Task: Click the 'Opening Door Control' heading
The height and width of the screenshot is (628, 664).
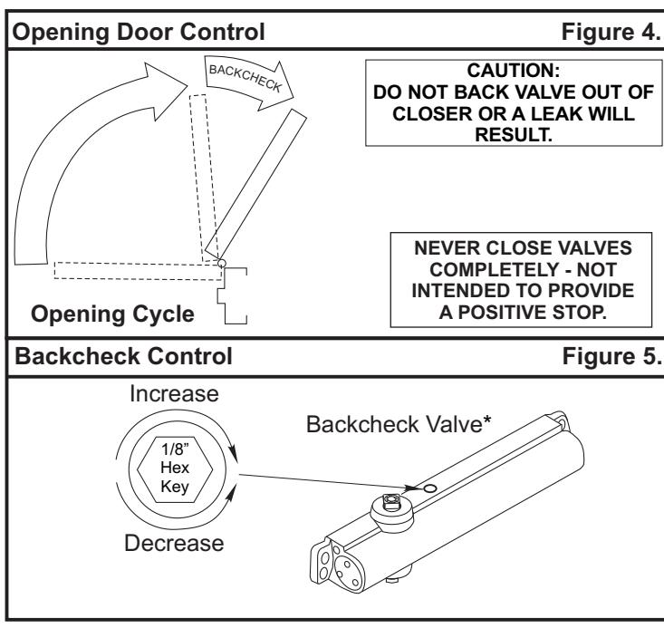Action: (x=139, y=33)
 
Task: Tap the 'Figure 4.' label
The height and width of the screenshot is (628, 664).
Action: (x=611, y=32)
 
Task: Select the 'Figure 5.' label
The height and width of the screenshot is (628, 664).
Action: (x=611, y=356)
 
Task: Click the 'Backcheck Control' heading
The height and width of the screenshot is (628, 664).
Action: (x=123, y=356)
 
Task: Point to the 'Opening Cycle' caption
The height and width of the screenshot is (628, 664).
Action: (x=112, y=314)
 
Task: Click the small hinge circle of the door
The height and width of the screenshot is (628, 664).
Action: (x=222, y=263)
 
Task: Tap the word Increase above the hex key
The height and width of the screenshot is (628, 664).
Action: (x=174, y=393)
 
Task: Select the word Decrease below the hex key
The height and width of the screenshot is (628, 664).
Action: (x=174, y=543)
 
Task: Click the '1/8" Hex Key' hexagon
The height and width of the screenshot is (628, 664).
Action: (x=175, y=469)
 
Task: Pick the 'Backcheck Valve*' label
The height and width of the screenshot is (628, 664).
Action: (x=399, y=424)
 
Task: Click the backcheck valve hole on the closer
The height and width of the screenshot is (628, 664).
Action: (x=429, y=488)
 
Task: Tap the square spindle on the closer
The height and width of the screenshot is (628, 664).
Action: (x=390, y=502)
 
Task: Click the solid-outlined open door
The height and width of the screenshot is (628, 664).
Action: (x=255, y=183)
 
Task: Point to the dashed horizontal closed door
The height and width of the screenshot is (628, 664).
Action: (x=138, y=271)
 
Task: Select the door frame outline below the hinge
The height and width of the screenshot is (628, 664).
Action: (x=232, y=295)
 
